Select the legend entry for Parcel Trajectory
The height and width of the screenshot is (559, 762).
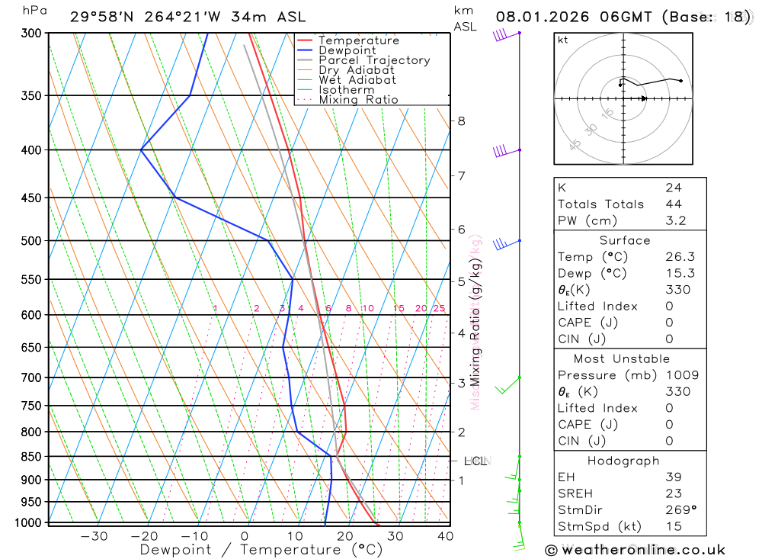[374, 60]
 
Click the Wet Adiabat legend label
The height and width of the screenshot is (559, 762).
[357, 80]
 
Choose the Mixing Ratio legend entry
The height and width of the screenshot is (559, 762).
[358, 100]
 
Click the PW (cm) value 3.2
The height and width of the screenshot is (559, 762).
[675, 220]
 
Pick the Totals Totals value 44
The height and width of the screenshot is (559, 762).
[673, 204]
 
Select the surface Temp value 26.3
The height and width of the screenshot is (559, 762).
[680, 257]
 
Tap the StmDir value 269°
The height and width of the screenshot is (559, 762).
[680, 509]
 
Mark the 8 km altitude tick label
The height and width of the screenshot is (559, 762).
[462, 120]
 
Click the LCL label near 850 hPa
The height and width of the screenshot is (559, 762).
[475, 461]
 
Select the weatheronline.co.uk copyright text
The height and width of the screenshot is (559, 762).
[635, 549]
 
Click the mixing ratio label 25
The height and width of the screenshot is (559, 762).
[439, 308]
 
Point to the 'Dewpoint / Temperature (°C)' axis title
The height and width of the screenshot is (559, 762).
[261, 549]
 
